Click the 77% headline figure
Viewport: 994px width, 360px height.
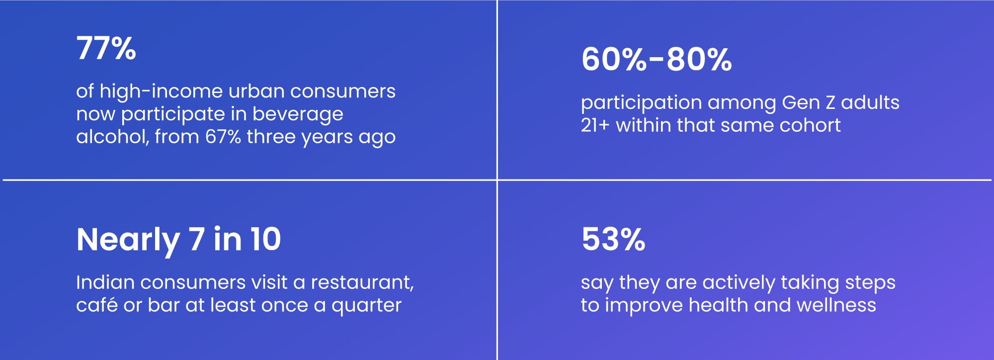pos(106,48)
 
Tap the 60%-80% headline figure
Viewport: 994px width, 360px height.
pos(657,59)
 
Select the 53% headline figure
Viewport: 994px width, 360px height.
pos(613,239)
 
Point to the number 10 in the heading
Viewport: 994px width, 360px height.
pos(265,239)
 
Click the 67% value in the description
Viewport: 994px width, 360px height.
pos(223,137)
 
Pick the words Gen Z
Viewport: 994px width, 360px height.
pos(809,102)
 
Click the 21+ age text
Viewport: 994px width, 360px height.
pos(595,125)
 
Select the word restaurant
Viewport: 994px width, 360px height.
pos(362,283)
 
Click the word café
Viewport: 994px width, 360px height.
pos(97,305)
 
